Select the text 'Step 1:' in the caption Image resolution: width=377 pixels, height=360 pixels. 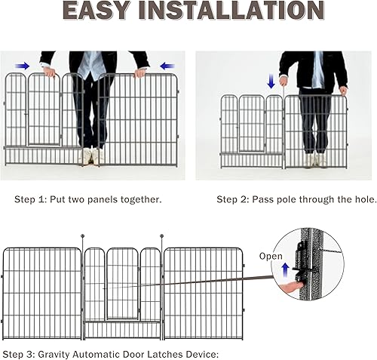click(30, 200)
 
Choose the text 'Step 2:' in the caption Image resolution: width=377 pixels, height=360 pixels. click(232, 200)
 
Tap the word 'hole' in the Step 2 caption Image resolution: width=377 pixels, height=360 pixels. click(348, 200)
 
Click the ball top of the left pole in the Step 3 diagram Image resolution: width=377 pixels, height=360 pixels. click(82, 238)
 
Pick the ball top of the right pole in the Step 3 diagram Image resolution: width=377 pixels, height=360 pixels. click(161, 238)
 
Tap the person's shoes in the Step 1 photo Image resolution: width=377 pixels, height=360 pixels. click(90, 156)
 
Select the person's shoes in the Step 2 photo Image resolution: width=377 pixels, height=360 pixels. click(314, 159)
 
